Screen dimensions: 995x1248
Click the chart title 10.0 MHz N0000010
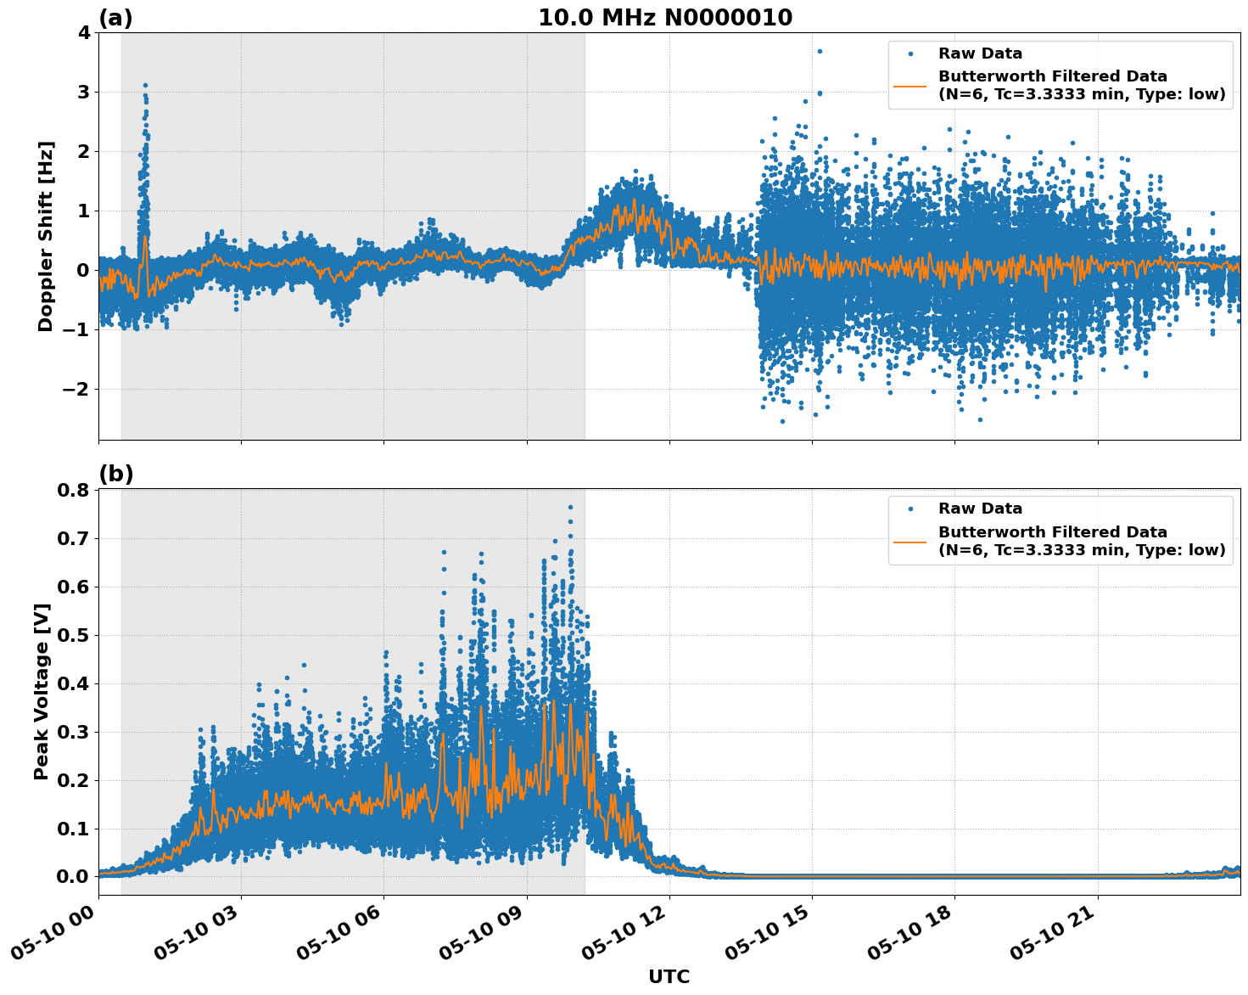tap(665, 18)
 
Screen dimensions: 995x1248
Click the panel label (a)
tap(115, 18)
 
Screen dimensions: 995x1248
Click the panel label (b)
tap(115, 474)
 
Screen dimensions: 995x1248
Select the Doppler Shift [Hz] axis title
tap(46, 236)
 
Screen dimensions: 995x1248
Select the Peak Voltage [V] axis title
tap(42, 691)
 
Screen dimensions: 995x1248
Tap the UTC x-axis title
tap(669, 976)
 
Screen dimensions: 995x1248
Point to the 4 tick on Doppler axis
tap(83, 33)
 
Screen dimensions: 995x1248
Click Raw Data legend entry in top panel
tap(980, 53)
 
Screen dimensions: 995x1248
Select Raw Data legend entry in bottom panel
tap(980, 509)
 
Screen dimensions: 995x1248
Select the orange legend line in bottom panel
tap(910, 541)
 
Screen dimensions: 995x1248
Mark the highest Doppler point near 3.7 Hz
tap(820, 51)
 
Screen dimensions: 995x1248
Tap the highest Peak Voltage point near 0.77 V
tap(570, 507)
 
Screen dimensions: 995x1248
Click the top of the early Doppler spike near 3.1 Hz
tap(145, 86)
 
